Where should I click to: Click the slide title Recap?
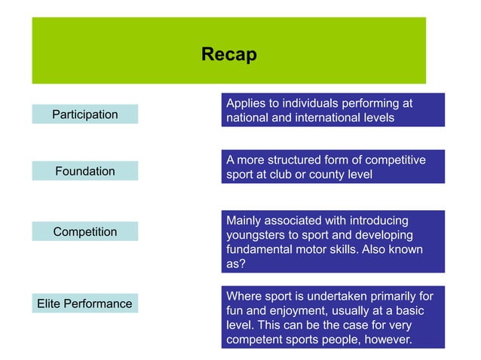(x=228, y=55)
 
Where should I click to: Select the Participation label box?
(x=84, y=114)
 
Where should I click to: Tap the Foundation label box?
(x=84, y=171)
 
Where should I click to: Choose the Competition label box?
(x=84, y=231)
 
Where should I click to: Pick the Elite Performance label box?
(x=84, y=304)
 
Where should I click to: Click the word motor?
(x=324, y=249)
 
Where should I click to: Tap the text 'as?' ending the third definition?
(x=236, y=264)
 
